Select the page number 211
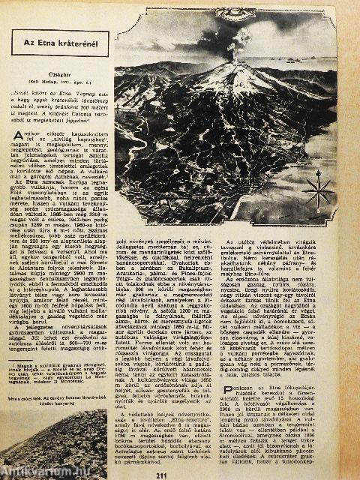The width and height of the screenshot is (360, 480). (x=181, y=473)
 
